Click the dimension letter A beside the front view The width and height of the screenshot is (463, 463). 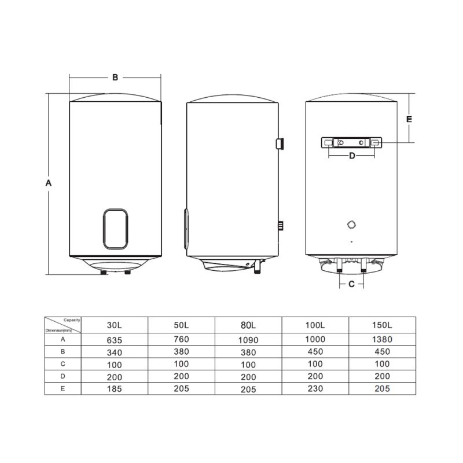49,183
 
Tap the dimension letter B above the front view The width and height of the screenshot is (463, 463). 115,78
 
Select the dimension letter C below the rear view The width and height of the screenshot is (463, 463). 351,284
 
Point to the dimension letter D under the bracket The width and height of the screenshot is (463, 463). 352,156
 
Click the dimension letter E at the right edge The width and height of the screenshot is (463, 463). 409,119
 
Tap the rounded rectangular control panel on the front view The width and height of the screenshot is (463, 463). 115,229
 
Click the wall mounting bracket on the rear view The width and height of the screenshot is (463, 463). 351,142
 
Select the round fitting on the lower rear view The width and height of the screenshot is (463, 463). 351,225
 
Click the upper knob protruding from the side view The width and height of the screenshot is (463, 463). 280,144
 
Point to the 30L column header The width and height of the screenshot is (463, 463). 114,325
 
